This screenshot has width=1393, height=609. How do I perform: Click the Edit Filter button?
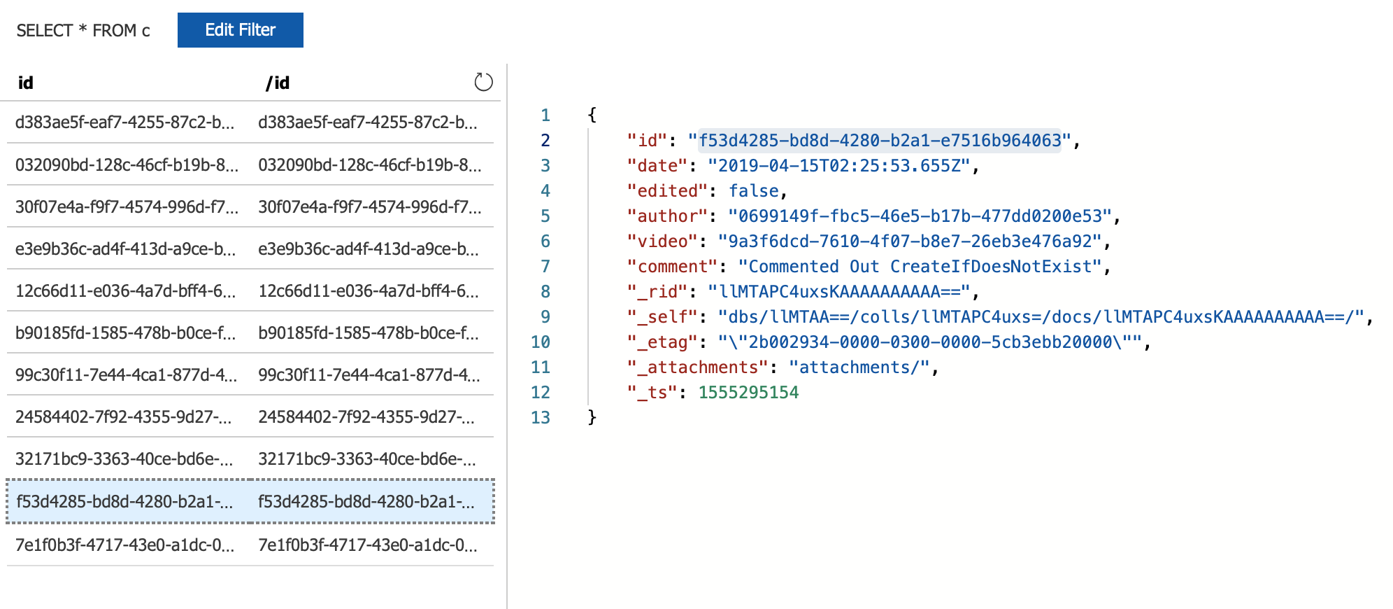[x=240, y=30]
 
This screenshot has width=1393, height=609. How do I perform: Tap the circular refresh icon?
[x=483, y=83]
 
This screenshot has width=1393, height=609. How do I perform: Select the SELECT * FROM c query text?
[x=83, y=31]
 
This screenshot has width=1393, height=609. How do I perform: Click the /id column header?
[x=278, y=83]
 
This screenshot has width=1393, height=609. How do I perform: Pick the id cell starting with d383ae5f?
[x=124, y=122]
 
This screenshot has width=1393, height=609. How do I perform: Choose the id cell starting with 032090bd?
[x=127, y=165]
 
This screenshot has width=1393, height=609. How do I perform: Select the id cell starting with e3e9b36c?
[x=125, y=249]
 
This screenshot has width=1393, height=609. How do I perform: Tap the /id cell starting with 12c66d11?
[x=369, y=291]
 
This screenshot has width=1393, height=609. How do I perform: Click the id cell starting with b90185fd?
[x=125, y=333]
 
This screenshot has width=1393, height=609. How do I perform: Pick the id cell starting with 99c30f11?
[x=126, y=375]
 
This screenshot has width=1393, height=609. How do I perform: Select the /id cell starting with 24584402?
[x=366, y=417]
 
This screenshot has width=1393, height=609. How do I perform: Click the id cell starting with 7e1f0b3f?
[x=124, y=545]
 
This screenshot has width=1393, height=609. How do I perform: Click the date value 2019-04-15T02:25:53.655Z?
[x=839, y=166]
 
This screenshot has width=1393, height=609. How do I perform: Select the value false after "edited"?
[x=754, y=191]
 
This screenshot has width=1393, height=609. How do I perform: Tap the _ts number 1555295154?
[x=748, y=393]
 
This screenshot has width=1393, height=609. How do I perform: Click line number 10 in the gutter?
[x=541, y=342]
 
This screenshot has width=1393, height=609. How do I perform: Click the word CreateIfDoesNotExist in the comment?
[x=991, y=267]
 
